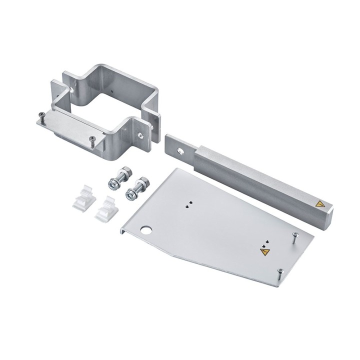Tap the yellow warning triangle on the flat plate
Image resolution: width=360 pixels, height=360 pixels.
tap(263, 252)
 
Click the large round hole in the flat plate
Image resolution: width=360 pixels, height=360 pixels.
tap(147, 231)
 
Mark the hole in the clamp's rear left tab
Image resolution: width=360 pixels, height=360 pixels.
tap(72, 91)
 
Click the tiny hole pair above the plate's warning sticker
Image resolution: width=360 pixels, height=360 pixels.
tap(265, 242)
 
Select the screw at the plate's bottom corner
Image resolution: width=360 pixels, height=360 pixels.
tap(280, 273)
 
